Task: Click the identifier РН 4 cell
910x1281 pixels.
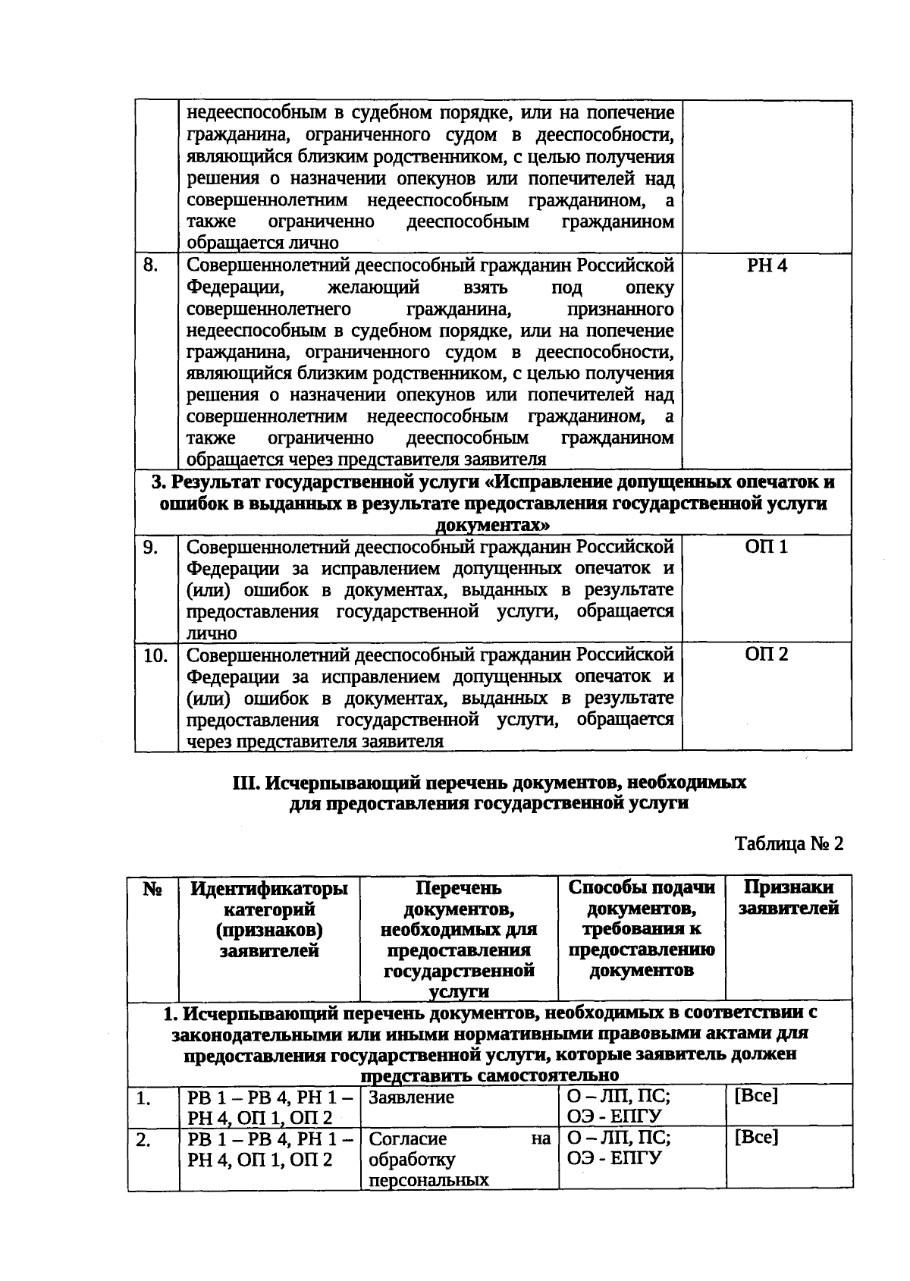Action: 767,266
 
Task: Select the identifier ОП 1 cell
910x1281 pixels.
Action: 767,547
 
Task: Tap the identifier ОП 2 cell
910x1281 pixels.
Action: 767,655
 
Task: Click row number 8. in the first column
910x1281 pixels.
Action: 151,266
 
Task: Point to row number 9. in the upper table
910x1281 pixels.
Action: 151,547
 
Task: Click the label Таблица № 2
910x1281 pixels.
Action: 789,844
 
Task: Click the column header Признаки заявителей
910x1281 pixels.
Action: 789,898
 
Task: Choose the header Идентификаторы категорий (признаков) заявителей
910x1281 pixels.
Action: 269,919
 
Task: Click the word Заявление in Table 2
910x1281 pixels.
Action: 411,1097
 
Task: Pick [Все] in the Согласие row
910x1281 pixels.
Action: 755,1138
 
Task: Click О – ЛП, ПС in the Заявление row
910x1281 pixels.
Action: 618,1097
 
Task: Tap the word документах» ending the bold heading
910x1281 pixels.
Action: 494,525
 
